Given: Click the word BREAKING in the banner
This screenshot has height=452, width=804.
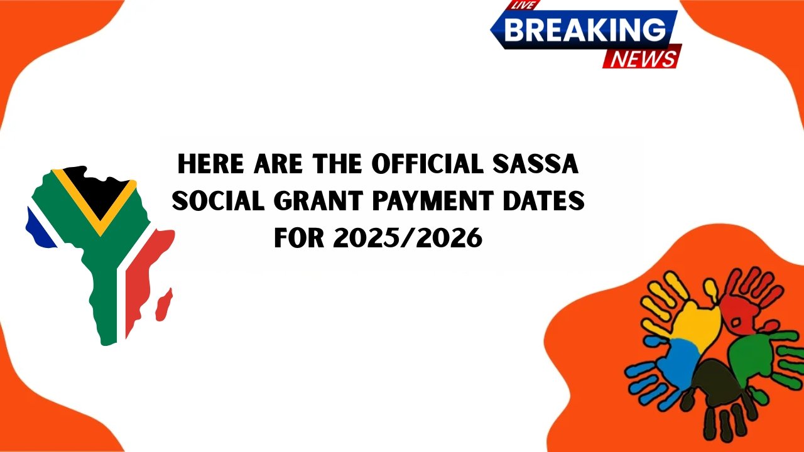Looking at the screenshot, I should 584,29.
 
